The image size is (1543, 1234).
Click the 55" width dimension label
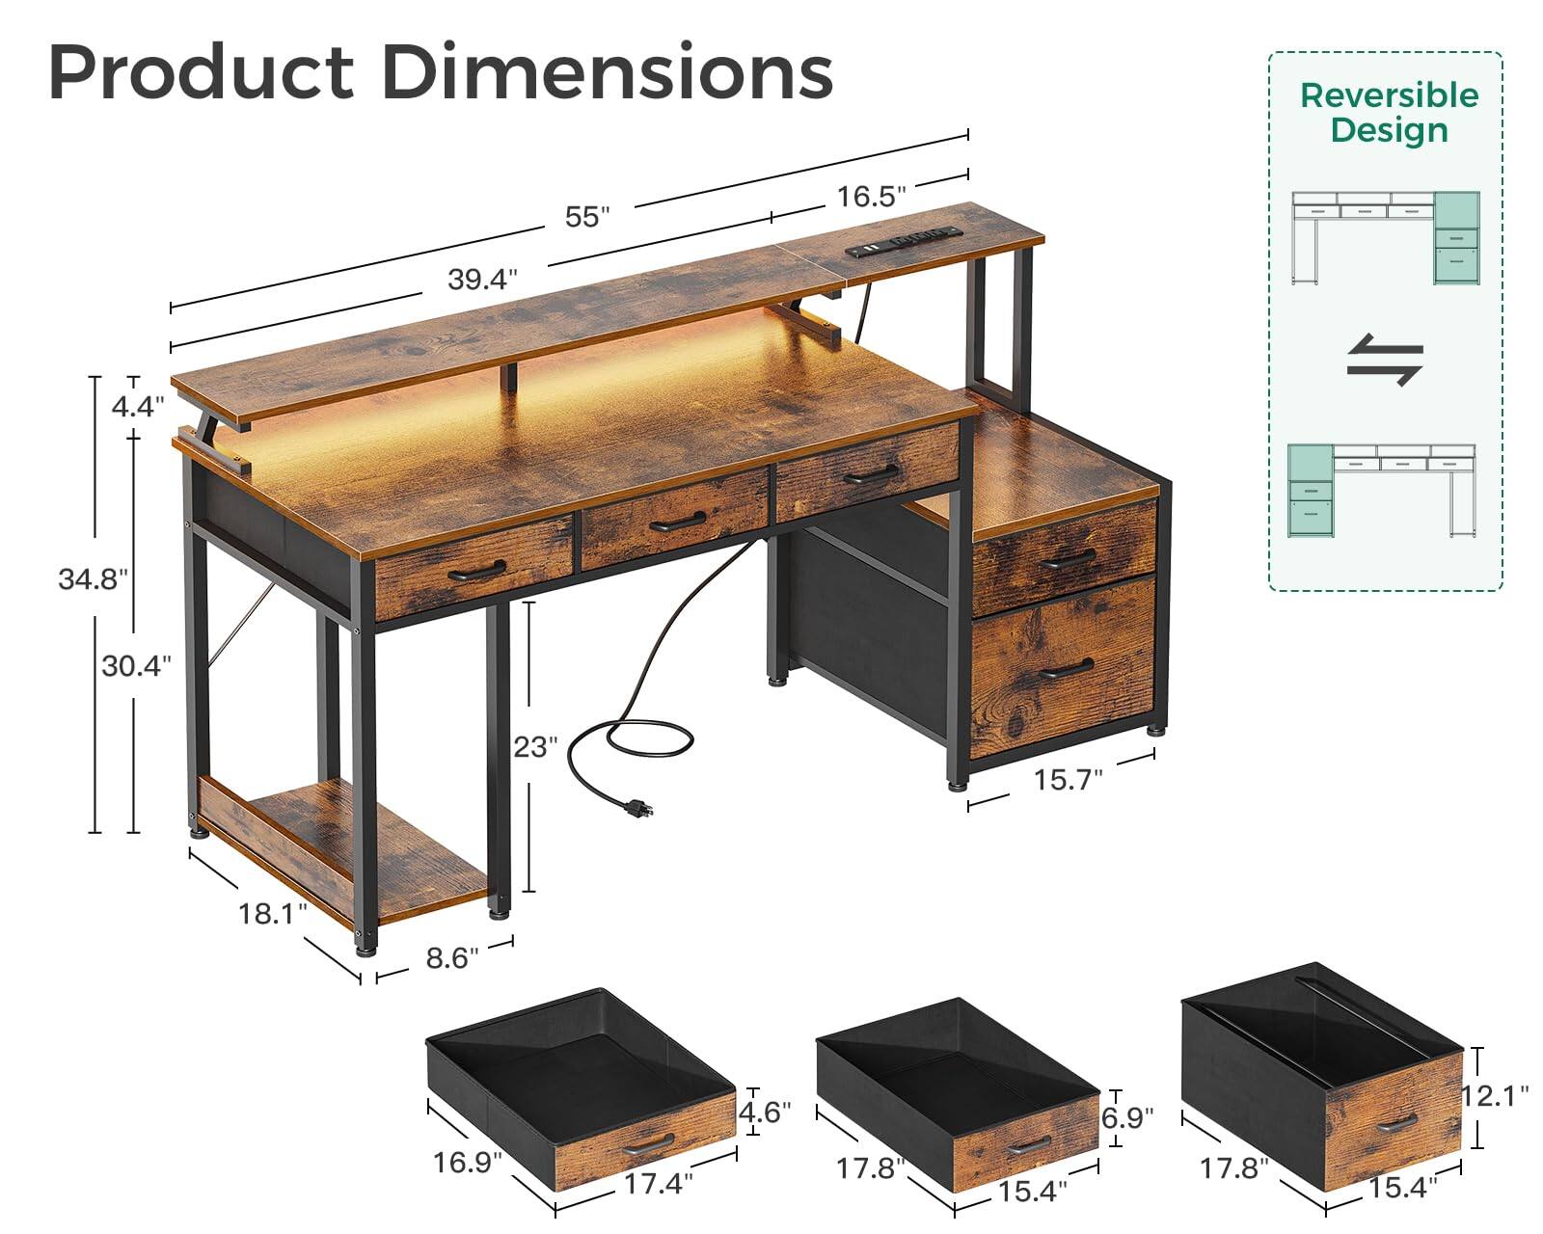tap(587, 217)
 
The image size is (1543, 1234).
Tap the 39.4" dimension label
tap(482, 280)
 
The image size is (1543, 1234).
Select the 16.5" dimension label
tap(871, 197)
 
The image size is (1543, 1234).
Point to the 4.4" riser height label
tap(132, 406)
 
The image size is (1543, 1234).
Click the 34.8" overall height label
tap(93, 579)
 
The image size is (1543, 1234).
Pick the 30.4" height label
tap(136, 665)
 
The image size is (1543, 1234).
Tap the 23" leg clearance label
tap(534, 747)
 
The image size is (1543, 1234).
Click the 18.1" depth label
tap(272, 914)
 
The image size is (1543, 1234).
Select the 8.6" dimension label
tap(451, 958)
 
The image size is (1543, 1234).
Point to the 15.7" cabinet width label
tap(1068, 780)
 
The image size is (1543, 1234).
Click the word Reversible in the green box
tap(1389, 95)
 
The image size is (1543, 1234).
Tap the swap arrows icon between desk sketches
tap(1385, 360)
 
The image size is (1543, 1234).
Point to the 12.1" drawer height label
tap(1495, 1096)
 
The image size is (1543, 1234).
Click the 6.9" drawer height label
tap(1126, 1118)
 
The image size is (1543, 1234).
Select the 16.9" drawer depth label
tap(468, 1163)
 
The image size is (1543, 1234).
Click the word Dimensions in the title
tap(607, 72)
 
